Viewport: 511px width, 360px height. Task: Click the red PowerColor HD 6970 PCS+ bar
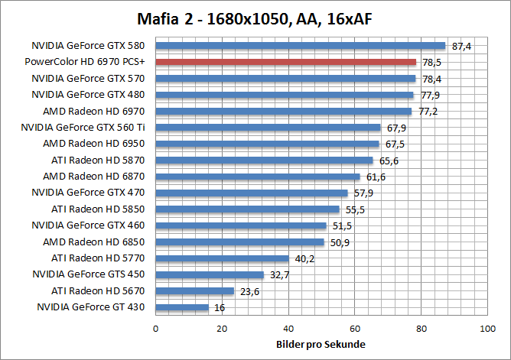point(286,62)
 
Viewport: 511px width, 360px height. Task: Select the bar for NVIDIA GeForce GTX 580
point(301,46)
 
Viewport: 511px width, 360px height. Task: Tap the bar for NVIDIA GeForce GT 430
point(182,307)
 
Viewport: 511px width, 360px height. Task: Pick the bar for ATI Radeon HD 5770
point(223,258)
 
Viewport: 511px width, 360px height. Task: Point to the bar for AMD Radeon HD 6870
point(258,177)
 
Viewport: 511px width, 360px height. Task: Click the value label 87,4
point(462,47)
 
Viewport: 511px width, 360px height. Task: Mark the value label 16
point(219,307)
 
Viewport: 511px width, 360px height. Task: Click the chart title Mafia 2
point(255,18)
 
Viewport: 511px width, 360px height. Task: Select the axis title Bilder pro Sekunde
point(321,344)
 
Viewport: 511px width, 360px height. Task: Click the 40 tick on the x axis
point(288,329)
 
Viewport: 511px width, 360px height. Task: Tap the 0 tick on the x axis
point(156,329)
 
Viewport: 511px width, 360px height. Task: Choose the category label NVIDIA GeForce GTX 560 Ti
point(83,128)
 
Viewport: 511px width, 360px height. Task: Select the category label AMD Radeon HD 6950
point(94,144)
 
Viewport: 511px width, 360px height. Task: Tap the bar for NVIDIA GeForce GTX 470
point(252,193)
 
